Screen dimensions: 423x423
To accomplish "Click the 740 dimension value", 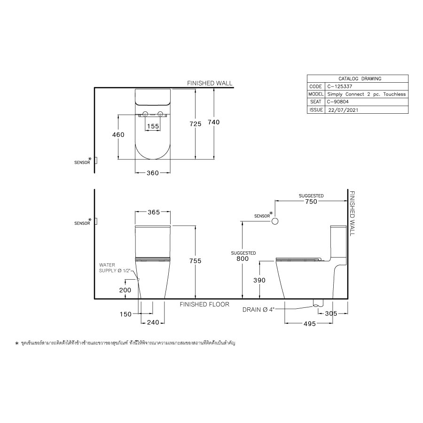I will [x=213, y=122].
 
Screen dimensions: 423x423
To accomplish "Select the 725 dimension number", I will [x=195, y=124].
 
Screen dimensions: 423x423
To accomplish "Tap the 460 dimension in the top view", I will [x=118, y=135].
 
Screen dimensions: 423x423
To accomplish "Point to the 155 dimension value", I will [x=152, y=126].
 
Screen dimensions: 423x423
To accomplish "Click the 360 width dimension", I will [x=152, y=173].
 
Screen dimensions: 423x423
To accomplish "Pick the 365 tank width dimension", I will [x=152, y=212].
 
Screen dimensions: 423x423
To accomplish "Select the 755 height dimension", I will [x=195, y=261].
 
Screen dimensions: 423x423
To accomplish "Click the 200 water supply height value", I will [x=125, y=290].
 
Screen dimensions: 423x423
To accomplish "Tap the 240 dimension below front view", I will [x=153, y=322].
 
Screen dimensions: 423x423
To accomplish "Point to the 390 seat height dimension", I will [x=259, y=280].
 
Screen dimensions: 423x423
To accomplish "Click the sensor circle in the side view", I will [x=276, y=221].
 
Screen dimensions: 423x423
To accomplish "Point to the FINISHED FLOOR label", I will [x=204, y=305].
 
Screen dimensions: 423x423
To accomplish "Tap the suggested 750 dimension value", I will [x=311, y=202].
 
